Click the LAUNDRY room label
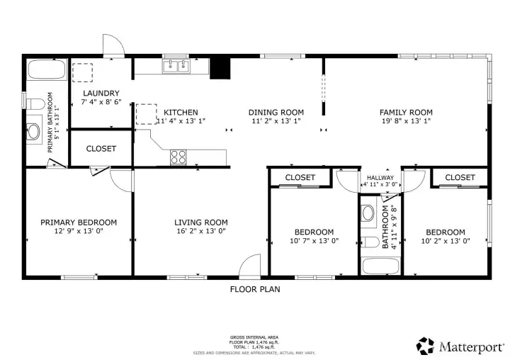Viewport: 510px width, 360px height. tap(101, 93)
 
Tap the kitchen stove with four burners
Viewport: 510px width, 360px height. tap(178, 157)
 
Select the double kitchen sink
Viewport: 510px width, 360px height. tap(176, 67)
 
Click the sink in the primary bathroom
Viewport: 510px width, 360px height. tap(33, 131)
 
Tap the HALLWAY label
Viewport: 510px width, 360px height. tap(380, 178)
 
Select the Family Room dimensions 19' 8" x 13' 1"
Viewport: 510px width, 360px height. tap(406, 121)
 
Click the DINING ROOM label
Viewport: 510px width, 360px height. tap(276, 112)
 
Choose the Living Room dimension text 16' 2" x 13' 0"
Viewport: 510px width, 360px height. tap(201, 230)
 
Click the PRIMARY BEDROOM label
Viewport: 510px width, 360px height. tap(78, 222)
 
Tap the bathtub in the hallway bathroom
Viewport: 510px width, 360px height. tap(380, 266)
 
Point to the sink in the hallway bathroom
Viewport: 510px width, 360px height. tap(368, 213)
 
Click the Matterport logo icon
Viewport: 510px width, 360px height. tap(425, 345)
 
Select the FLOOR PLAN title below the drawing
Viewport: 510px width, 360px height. tap(255, 288)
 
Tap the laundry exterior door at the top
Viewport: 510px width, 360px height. tap(113, 47)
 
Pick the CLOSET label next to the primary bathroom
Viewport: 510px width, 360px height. tap(101, 149)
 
